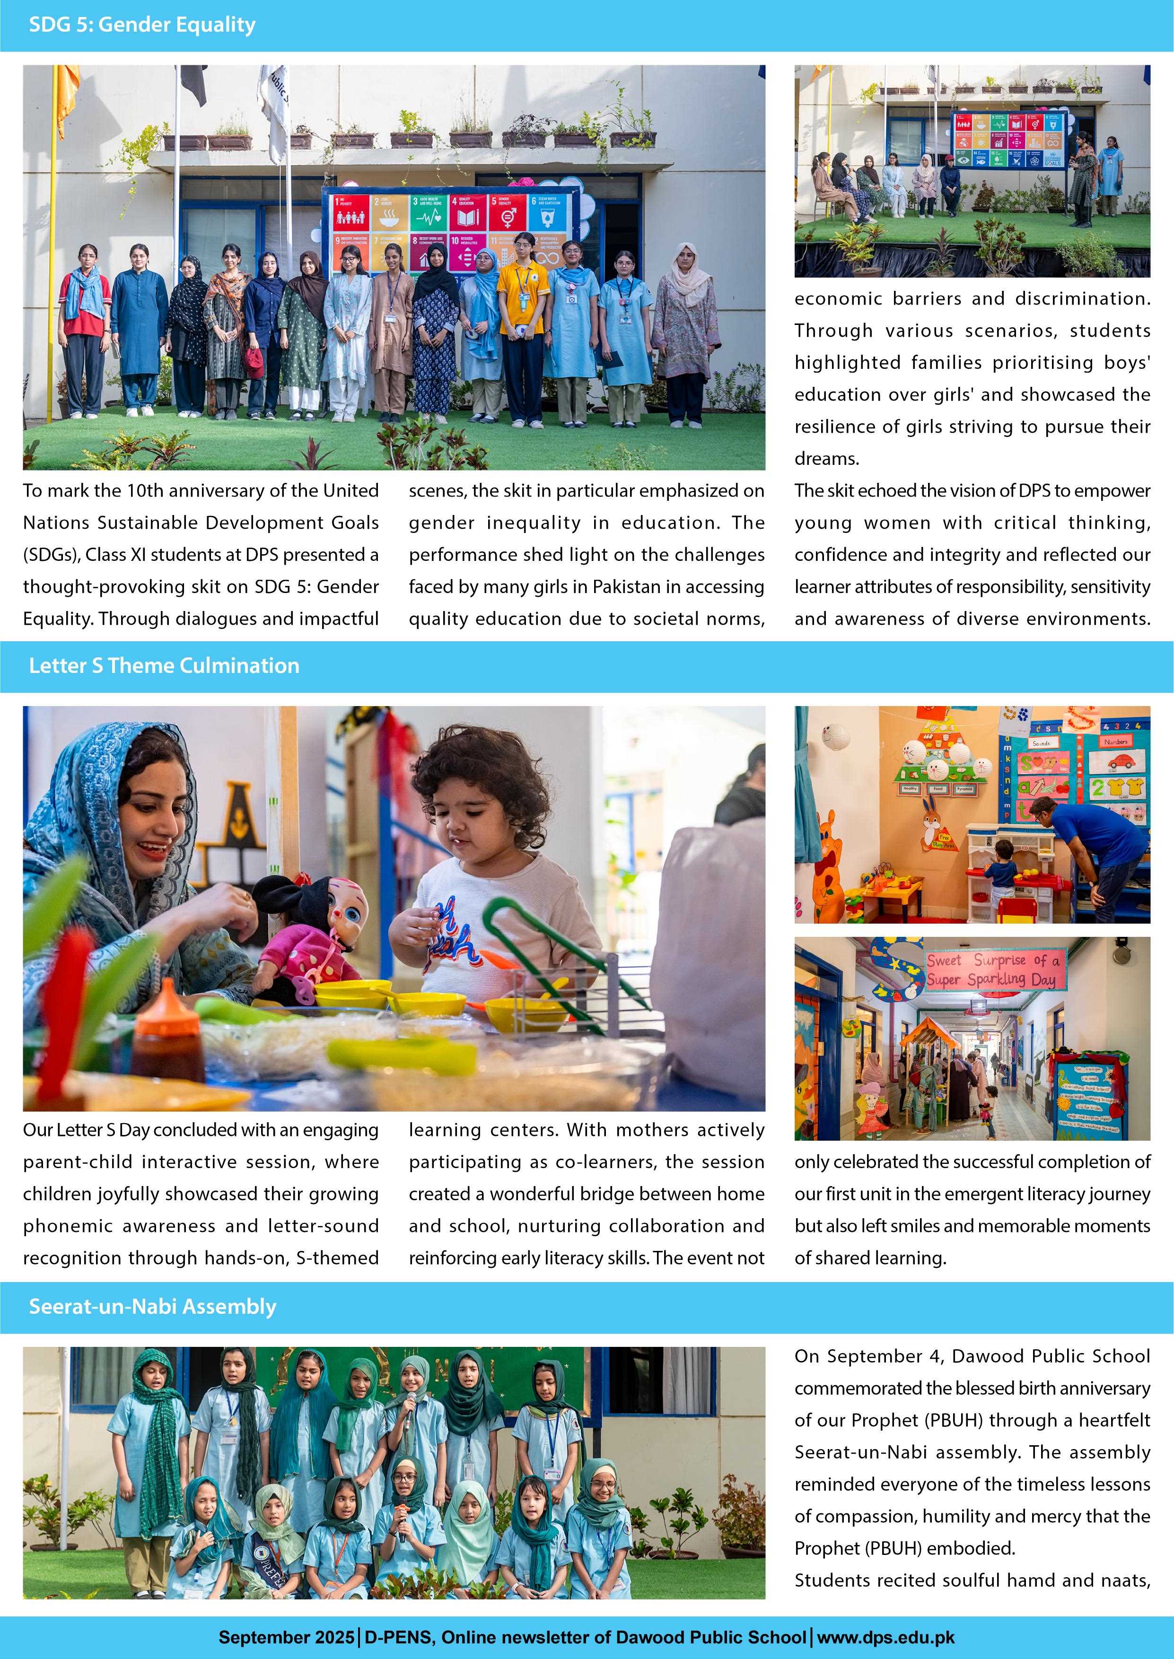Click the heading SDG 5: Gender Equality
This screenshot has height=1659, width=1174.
click(x=142, y=25)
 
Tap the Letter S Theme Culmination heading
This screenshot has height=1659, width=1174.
click(x=164, y=665)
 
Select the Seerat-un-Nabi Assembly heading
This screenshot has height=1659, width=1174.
click(x=152, y=1306)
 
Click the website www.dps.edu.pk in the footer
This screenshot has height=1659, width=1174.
click(x=885, y=1637)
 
